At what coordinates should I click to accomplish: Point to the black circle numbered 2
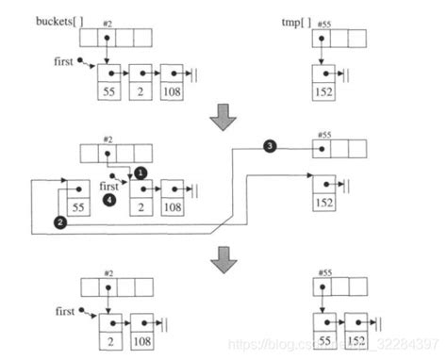point(60,222)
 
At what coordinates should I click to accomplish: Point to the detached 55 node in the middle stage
point(75,202)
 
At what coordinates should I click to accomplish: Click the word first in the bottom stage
point(65,309)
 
